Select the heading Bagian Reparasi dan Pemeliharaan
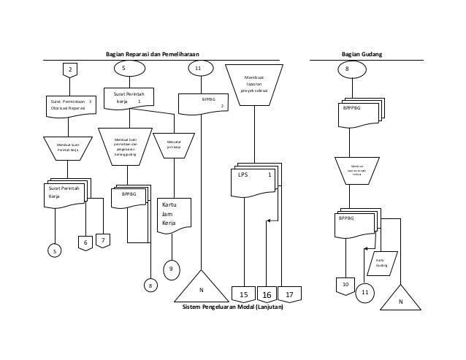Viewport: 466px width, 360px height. click(152, 54)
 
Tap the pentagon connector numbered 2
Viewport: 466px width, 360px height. click(70, 70)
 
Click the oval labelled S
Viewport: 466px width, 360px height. click(125, 68)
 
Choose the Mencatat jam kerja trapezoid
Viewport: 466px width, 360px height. click(174, 143)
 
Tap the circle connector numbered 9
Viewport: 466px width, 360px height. click(171, 269)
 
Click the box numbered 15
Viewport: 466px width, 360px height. click(244, 294)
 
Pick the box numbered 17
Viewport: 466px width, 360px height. click(289, 294)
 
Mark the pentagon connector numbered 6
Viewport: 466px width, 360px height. click(85, 242)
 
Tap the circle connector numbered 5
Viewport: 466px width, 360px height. click(53, 250)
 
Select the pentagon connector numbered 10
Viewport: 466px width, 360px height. click(344, 284)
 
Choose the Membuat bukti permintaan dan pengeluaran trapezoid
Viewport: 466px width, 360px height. click(126, 146)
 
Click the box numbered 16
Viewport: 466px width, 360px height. click(267, 294)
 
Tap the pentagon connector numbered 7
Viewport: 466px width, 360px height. click(103, 240)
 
